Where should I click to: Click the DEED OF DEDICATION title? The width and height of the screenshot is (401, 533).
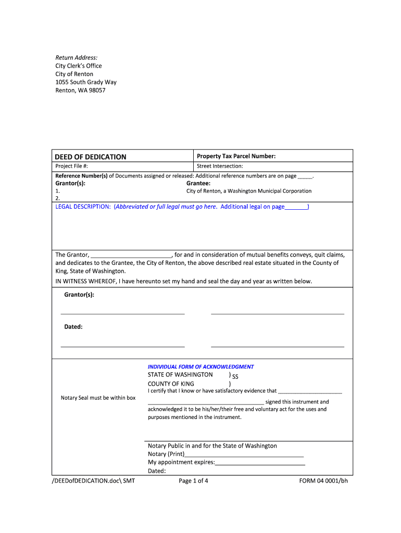91,157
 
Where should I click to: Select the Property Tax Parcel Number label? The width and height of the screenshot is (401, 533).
236,156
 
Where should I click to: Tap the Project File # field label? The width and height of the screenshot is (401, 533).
72,166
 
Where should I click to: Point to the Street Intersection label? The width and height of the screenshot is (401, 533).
220,166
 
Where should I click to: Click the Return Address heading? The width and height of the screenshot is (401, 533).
77,57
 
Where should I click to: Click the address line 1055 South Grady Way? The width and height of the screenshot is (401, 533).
86,82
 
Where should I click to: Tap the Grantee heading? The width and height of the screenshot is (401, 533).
198,183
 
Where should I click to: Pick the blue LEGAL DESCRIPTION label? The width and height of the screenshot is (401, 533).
83,207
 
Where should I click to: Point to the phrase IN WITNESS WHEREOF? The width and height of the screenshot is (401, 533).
86,281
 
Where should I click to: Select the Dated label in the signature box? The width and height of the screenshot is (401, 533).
73,327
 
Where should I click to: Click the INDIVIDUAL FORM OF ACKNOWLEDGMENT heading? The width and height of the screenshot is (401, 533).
200,366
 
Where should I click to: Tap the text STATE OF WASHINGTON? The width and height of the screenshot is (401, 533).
180,375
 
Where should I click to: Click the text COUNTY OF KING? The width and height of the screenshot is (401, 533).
171,384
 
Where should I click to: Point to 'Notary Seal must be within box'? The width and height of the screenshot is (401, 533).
98,398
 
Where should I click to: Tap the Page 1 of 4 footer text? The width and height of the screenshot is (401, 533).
193,481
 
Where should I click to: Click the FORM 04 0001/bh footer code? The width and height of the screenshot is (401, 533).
323,481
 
